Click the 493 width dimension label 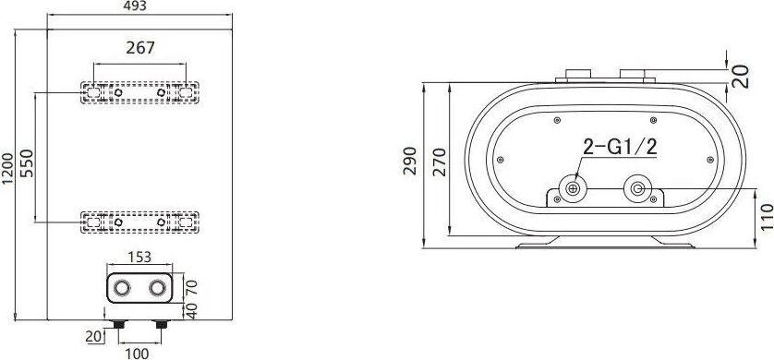(x=134, y=6)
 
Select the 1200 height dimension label (x=7, y=169)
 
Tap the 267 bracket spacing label (x=140, y=48)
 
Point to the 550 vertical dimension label (x=26, y=163)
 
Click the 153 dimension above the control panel (x=139, y=257)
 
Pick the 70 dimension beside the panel (x=191, y=286)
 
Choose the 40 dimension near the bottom (x=191, y=311)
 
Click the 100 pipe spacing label (x=137, y=354)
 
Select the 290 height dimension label (x=411, y=161)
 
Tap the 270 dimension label (x=440, y=162)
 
